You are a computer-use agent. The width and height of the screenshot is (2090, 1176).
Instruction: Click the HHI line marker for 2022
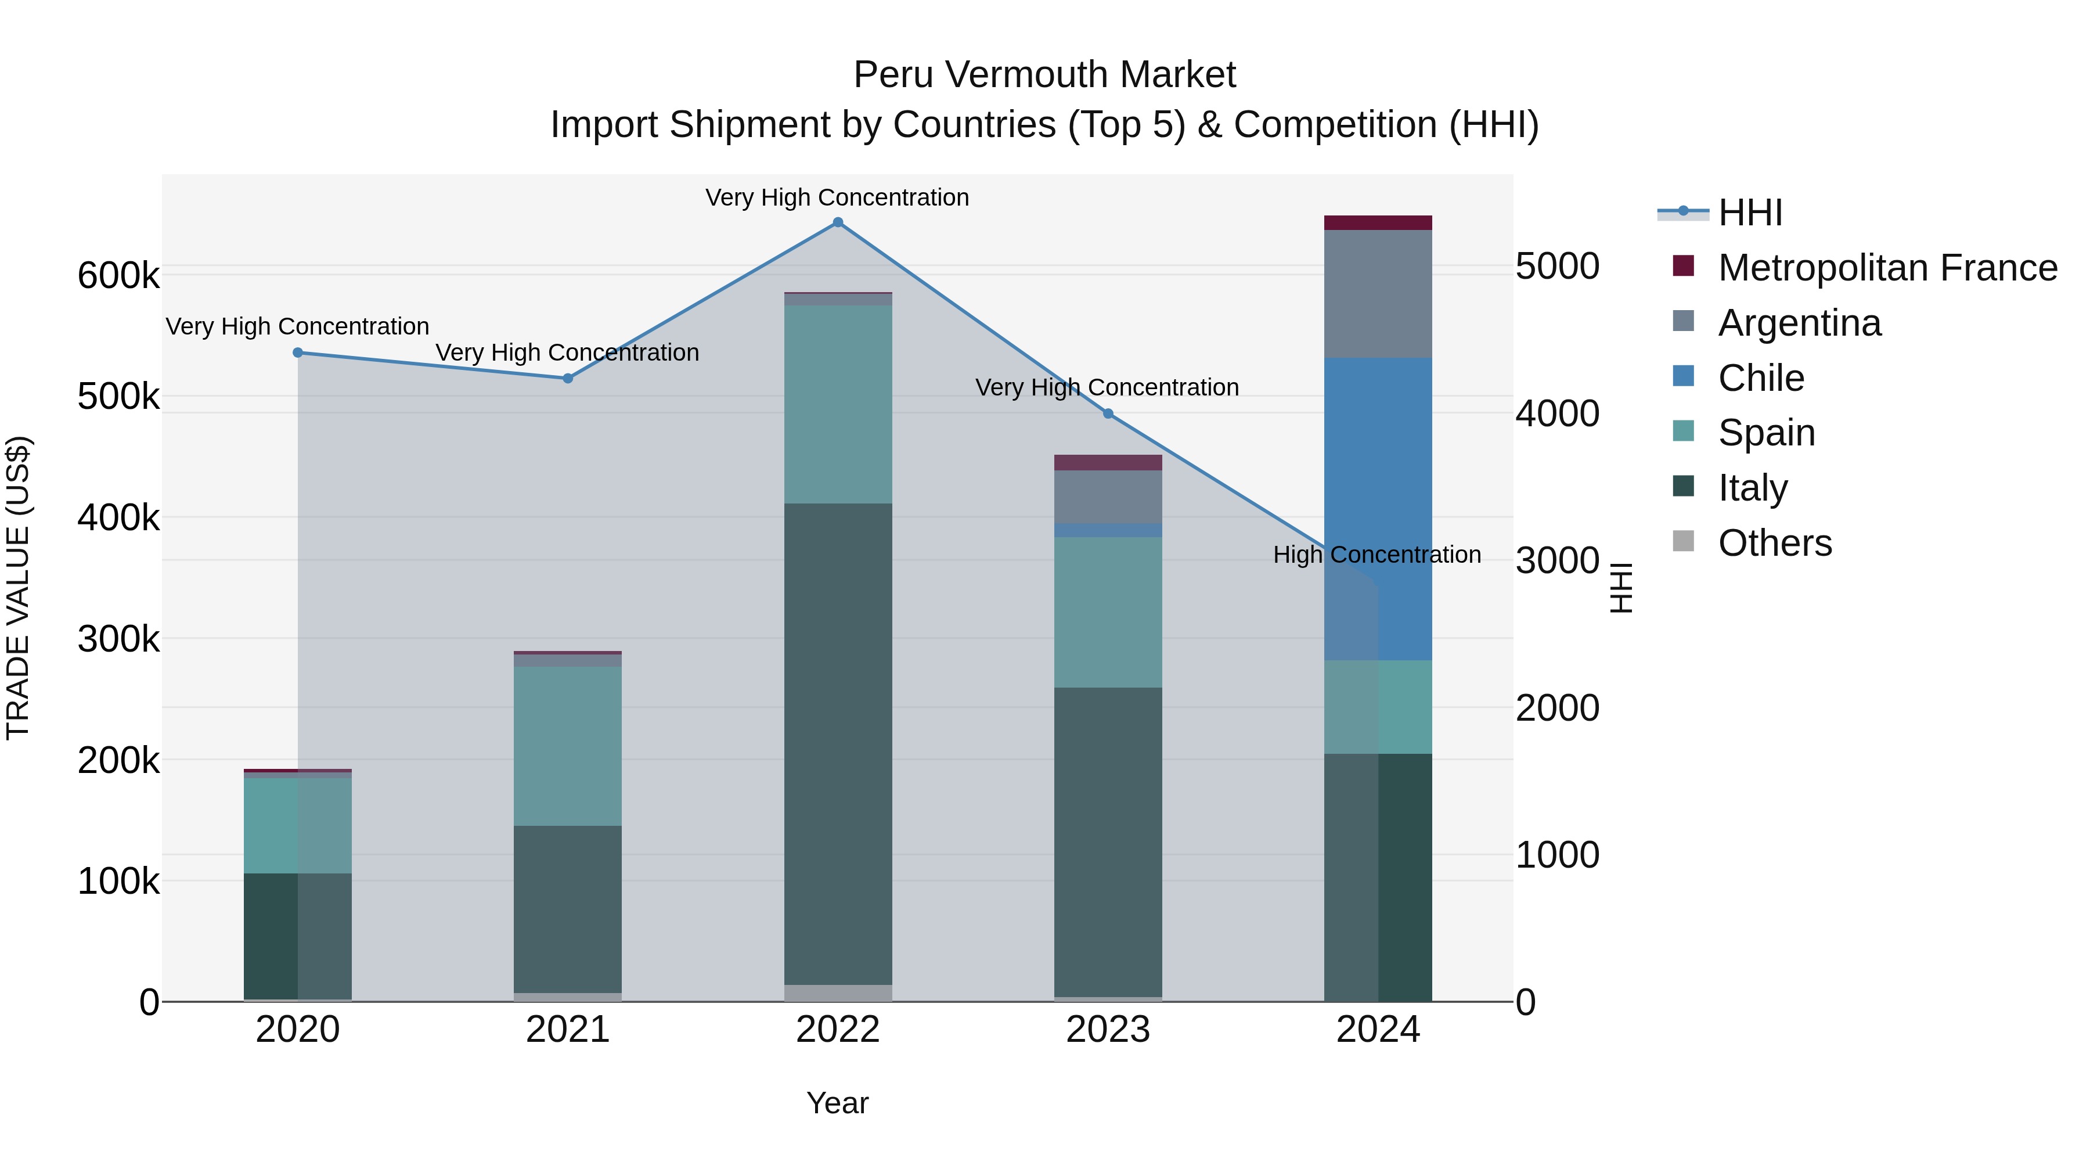coord(838,222)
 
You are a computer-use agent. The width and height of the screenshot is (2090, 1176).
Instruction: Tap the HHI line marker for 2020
coord(298,353)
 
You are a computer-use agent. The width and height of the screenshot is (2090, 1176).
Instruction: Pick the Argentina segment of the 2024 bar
coord(1378,294)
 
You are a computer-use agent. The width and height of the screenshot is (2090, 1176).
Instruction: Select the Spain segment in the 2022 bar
coord(838,404)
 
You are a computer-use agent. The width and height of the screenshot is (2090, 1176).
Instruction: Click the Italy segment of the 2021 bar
coord(568,909)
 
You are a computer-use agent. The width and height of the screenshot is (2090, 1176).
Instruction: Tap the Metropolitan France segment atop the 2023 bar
coord(1108,463)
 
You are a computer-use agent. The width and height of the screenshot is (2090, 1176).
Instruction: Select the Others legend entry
coord(1774,543)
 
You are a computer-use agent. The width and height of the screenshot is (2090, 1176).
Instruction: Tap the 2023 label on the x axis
coord(1108,1030)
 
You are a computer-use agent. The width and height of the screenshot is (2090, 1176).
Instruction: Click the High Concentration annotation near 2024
coord(1377,555)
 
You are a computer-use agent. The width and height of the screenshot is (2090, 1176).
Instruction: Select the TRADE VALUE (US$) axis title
coord(18,588)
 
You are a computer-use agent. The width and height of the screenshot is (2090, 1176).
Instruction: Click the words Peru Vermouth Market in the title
coord(1044,75)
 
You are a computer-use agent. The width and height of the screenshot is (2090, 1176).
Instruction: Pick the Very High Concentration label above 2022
coord(837,198)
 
